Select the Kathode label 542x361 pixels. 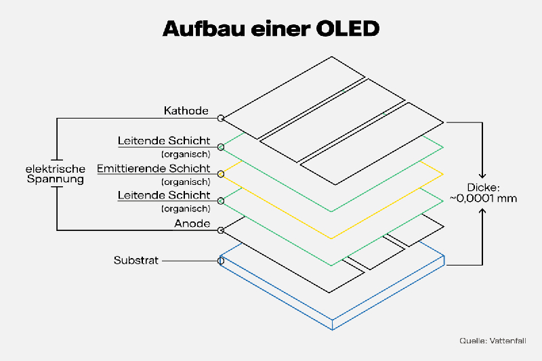186,110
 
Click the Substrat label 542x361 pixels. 136,260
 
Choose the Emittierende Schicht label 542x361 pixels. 154,168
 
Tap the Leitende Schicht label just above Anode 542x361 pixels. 163,195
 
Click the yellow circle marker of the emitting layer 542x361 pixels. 221,174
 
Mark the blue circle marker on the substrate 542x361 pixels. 221,260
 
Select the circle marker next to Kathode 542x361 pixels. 221,119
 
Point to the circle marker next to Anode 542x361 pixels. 221,230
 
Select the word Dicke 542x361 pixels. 483,188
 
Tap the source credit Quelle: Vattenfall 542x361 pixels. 493,341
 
